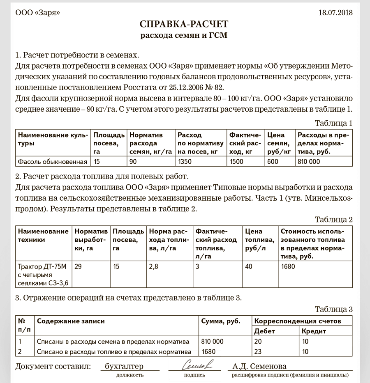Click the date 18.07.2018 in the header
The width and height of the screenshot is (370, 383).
tap(335, 13)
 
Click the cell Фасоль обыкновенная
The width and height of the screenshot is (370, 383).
tap(53, 162)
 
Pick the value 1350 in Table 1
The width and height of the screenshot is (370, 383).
tap(185, 162)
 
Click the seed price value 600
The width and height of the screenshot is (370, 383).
tap(272, 162)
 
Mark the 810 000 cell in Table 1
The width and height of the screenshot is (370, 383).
tap(309, 162)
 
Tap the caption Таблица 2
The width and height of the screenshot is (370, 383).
tap(333, 219)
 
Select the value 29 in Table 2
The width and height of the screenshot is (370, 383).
tap(78, 267)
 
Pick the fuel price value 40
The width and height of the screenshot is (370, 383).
tap(249, 267)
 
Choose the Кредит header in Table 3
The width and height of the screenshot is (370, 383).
tap(314, 331)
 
